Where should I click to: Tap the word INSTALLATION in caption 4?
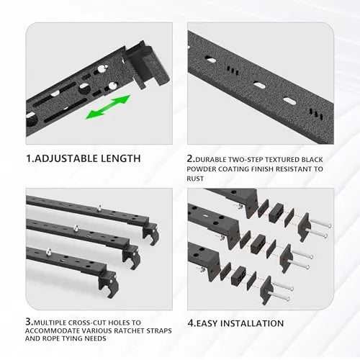(252, 323)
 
